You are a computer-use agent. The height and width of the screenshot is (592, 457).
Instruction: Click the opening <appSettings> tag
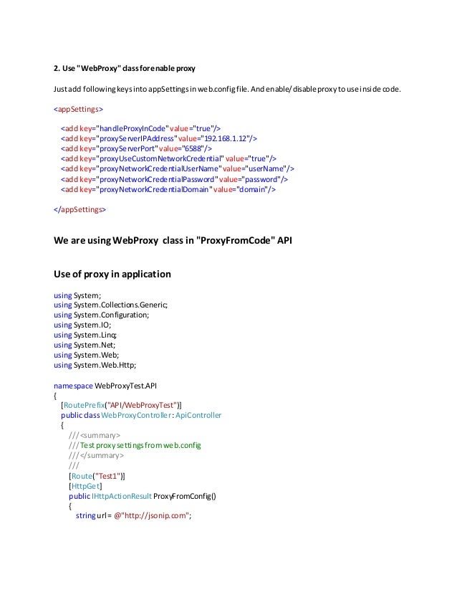pos(77,110)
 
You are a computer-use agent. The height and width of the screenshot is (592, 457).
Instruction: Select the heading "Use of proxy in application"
pos(112,273)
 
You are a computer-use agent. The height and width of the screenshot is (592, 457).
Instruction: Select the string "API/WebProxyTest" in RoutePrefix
pos(142,405)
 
